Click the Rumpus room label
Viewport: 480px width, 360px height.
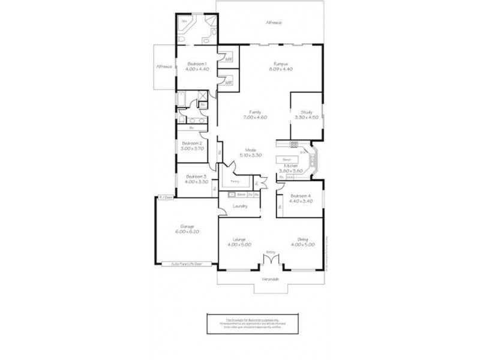[x=281, y=64]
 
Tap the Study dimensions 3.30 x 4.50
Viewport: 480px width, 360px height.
[x=305, y=118]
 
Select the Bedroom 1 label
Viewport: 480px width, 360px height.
[x=197, y=64]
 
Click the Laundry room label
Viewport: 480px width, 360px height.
[x=239, y=206]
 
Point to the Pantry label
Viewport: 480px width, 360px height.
[x=235, y=181]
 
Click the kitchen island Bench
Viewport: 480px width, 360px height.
[x=286, y=160]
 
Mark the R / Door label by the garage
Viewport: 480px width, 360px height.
[x=166, y=196]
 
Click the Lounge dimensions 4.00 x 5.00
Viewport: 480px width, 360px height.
[x=239, y=245]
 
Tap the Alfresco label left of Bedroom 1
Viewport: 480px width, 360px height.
[x=164, y=67]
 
